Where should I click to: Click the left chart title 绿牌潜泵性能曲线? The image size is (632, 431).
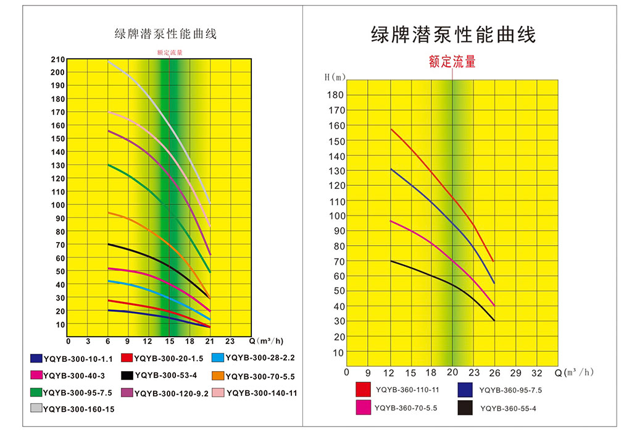point(165,34)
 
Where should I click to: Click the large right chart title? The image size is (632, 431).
point(453,34)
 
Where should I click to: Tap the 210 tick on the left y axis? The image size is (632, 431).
point(57,59)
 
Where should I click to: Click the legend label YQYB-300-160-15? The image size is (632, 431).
point(78,409)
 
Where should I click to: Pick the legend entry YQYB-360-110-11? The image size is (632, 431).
point(406,390)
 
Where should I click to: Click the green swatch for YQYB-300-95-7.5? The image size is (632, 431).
point(36,392)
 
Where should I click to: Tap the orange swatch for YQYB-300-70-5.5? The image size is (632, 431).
point(217,375)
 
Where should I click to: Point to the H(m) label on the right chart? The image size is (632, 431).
point(335,77)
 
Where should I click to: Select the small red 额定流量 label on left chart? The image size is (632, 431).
point(170,52)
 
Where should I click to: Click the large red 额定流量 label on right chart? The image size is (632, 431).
point(452,62)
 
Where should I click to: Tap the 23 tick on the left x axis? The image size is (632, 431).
point(230,341)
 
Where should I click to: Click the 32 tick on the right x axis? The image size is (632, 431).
point(537,372)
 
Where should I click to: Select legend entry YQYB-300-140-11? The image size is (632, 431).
point(262,392)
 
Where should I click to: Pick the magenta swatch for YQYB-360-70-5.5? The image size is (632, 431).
point(362,408)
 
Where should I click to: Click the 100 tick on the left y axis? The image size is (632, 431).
point(57,205)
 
